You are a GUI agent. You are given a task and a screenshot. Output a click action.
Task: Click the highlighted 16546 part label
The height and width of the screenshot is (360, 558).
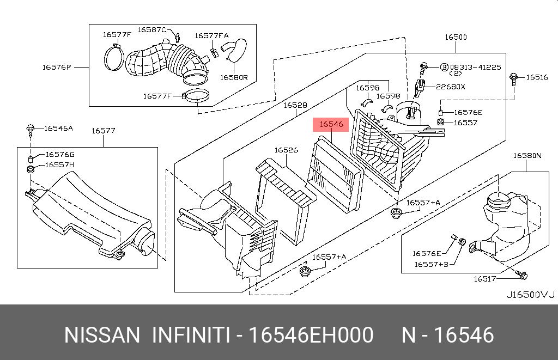[x=331, y=124]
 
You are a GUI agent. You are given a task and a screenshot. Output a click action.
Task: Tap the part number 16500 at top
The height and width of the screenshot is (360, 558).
[x=456, y=37]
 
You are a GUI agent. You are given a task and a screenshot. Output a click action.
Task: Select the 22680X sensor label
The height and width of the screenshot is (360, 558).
[x=451, y=87]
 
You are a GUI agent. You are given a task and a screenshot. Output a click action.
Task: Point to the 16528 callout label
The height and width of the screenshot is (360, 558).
[x=295, y=105]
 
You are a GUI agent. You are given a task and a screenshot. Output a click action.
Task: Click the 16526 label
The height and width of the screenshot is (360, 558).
[x=286, y=150]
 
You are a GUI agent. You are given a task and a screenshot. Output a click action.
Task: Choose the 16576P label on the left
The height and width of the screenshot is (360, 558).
[x=57, y=67]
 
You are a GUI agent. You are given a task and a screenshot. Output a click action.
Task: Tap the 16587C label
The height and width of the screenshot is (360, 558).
[x=152, y=30]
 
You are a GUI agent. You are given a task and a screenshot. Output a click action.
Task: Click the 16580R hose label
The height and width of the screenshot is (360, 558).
[x=234, y=77]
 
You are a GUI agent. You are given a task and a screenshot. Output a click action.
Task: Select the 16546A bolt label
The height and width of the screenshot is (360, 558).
[x=59, y=129]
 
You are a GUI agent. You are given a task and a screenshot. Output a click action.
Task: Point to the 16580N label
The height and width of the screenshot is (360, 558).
[x=527, y=155]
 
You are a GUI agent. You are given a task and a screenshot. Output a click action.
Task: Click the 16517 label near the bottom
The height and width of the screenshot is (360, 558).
[x=484, y=279]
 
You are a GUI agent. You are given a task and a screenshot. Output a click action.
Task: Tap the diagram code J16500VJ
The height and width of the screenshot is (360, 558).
[x=531, y=295]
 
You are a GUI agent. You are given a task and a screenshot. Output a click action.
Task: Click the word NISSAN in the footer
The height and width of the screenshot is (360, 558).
[x=102, y=335]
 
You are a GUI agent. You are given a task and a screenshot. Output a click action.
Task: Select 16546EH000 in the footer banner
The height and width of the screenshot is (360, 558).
[x=311, y=335]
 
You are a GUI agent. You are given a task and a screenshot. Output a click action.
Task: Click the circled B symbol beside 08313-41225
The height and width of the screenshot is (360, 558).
[x=445, y=67]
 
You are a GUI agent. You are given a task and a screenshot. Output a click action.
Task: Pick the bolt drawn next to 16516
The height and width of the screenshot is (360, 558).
[x=513, y=78]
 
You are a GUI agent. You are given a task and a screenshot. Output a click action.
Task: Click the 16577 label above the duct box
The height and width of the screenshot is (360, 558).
[x=104, y=131]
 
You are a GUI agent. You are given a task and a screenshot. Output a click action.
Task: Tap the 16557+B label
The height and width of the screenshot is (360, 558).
[x=432, y=264]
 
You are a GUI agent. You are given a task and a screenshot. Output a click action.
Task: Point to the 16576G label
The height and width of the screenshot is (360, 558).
[x=60, y=154]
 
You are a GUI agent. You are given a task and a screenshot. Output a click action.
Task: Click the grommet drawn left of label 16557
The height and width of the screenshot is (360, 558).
[x=440, y=123]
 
